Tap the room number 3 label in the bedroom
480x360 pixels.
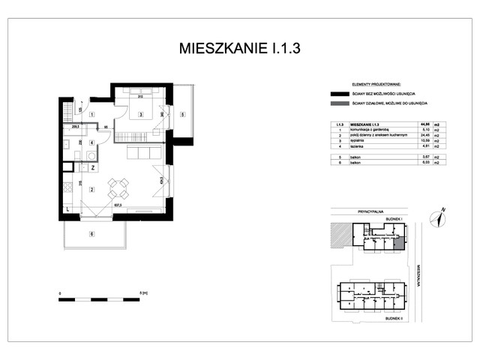tap(140, 115)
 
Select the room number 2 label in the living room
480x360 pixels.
tap(91, 189)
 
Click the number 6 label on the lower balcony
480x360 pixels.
tap(91, 235)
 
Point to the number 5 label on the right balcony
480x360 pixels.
tap(182, 115)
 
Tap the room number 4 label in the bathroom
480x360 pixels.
tap(91, 142)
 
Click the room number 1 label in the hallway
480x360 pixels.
tap(91, 114)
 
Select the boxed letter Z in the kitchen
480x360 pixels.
tap(91, 167)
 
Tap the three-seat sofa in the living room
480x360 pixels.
tap(142, 153)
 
